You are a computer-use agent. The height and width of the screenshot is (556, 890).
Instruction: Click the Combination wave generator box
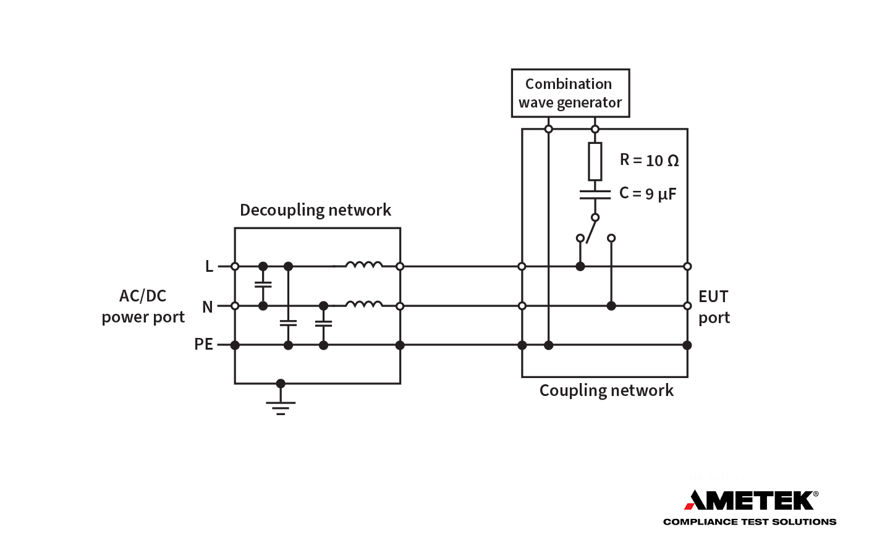[570, 93]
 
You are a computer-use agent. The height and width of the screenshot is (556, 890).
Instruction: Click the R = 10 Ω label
[649, 161]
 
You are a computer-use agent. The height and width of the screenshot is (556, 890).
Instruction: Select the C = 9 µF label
[648, 194]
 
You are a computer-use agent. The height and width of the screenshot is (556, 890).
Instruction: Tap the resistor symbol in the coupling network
[595, 161]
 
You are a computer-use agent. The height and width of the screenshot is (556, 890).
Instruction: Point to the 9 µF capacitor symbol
[595, 195]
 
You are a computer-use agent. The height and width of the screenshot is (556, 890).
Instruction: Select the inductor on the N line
[363, 304]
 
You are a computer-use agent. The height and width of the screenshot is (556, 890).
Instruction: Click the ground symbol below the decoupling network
[281, 405]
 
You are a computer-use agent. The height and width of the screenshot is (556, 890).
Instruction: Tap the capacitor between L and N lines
[263, 285]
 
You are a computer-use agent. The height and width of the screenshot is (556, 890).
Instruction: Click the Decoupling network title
[315, 210]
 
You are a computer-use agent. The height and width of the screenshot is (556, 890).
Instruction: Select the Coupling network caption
[606, 390]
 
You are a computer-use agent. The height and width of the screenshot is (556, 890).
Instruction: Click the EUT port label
[714, 306]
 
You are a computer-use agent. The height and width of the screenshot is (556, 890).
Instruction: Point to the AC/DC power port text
[143, 306]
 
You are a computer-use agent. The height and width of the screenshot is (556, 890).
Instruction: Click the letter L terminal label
[209, 266]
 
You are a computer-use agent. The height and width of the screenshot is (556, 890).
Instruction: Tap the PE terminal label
[203, 344]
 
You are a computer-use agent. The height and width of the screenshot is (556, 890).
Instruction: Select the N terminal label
[208, 306]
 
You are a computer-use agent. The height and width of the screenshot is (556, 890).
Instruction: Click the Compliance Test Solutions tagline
[749, 522]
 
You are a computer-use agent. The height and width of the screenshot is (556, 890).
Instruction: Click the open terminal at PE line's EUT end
[687, 345]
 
